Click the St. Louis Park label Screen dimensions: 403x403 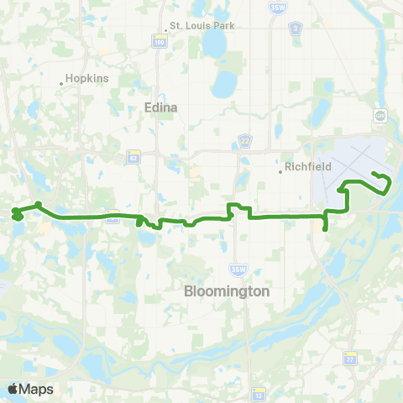tap(201, 25)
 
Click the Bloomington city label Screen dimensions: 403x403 tap(226, 291)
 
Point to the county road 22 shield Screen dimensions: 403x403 tap(246, 139)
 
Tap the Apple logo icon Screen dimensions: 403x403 tap(13, 390)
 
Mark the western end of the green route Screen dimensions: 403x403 tap(15, 216)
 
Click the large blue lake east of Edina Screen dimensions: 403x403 tap(226, 85)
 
